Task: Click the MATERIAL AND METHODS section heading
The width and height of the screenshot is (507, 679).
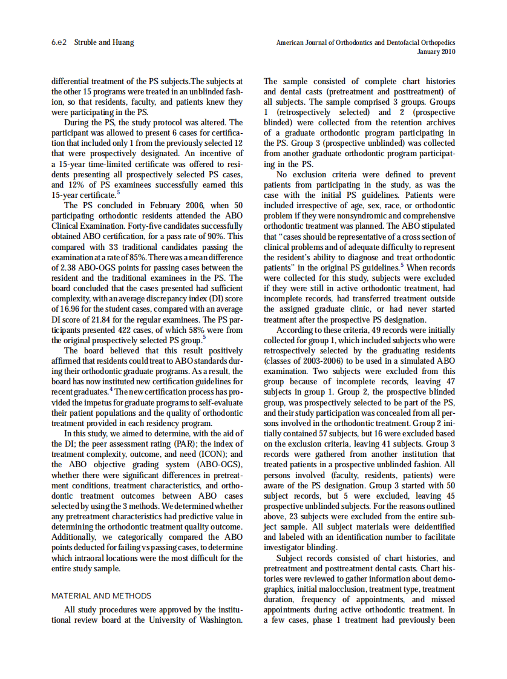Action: (101, 595)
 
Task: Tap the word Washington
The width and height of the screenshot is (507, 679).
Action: (220, 620)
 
